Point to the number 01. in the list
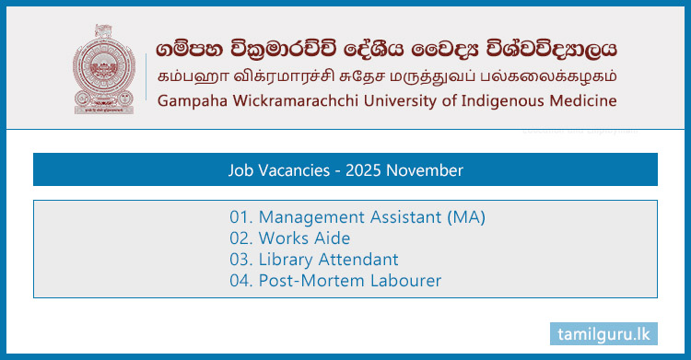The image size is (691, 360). pyautogui.click(x=242, y=217)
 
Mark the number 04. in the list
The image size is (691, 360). pyautogui.click(x=242, y=281)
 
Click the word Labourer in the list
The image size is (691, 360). pyautogui.click(x=404, y=281)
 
